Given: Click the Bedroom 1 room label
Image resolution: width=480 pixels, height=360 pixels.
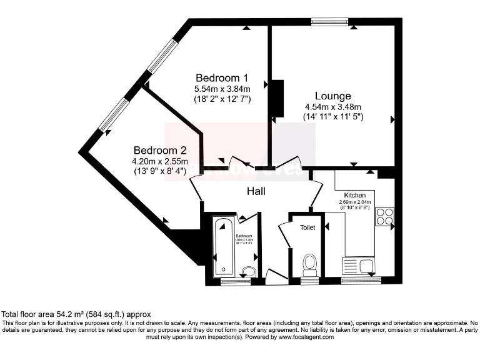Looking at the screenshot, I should pos(222,78).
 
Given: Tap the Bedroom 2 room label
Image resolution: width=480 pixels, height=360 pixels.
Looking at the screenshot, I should pos(160,151).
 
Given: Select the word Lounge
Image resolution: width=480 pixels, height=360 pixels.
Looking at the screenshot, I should pos(332,96).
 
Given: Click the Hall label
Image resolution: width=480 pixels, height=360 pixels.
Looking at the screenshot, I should pos(255,191).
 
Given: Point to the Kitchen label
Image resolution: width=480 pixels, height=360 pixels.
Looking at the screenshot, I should pos(354,196).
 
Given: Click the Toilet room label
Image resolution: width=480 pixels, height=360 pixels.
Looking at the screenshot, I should pos(307,227).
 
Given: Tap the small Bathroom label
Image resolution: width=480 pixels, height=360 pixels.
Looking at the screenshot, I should pos(244,236).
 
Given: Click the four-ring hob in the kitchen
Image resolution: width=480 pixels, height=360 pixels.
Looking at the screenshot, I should pos(384,216).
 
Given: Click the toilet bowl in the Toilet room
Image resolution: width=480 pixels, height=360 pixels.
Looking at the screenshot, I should pos(309,264).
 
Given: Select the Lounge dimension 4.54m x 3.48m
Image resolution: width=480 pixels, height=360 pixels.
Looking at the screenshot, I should pos(332,107).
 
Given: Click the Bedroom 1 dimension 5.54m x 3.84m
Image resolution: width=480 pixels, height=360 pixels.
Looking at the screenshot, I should pos(222,89).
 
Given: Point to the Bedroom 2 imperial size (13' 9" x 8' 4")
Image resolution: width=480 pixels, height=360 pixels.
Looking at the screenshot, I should pos(160,172).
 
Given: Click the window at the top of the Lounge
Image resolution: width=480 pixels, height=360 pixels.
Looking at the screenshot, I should pos(331,22).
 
